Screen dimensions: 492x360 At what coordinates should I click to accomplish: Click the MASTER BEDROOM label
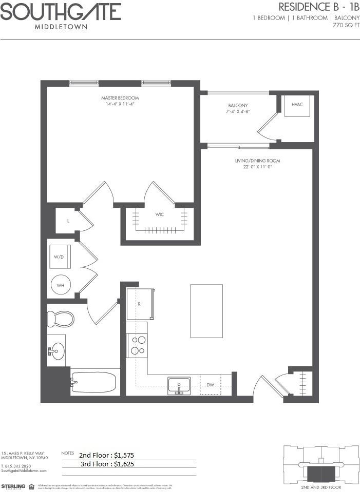pos(120,98)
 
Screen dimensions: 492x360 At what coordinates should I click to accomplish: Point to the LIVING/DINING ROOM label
pos(257,161)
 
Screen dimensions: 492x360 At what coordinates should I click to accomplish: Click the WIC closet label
pos(160,214)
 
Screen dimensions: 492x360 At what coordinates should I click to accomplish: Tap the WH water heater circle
pos(61,285)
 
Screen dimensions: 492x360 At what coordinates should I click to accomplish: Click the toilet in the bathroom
pos(60,319)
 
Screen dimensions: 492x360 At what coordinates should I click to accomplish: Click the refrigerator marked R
pos(140,304)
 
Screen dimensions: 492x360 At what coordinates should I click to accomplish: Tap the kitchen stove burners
pos(137,345)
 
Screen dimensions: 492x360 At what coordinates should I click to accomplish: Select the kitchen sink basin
pos(179,385)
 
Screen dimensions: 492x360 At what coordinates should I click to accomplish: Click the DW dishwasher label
pos(210,385)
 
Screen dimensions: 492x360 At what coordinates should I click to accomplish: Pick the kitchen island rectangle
pos(206,311)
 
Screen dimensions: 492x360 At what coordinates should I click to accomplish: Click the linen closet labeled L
pos(68,221)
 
